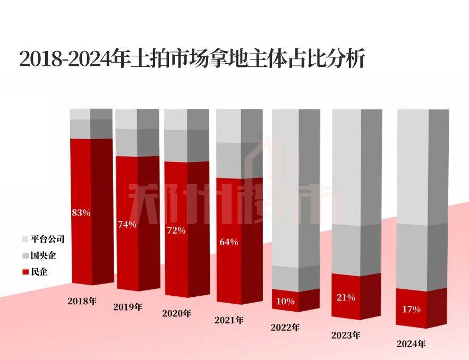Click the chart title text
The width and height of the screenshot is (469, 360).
click(x=192, y=59)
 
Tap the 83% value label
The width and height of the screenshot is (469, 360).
click(x=81, y=213)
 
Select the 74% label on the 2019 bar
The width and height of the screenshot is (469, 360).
click(x=127, y=224)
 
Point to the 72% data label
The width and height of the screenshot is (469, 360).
click(x=176, y=231)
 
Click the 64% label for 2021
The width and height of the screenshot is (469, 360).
click(x=228, y=242)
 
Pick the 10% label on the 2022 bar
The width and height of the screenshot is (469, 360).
click(x=285, y=302)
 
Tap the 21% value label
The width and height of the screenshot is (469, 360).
click(x=346, y=298)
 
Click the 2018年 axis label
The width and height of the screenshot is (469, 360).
click(x=82, y=301)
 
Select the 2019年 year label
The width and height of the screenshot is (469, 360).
click(x=128, y=307)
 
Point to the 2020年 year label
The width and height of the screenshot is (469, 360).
click(x=176, y=313)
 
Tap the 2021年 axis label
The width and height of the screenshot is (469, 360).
click(x=229, y=320)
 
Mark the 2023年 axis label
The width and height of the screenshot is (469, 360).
click(x=346, y=336)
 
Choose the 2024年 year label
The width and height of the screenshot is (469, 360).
click(x=412, y=344)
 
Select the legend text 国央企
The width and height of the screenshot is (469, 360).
click(x=43, y=256)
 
